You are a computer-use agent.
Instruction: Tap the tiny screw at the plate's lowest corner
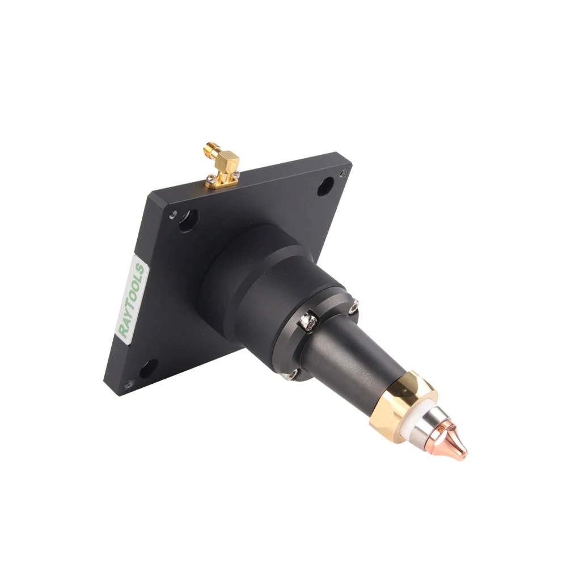click(130, 384)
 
